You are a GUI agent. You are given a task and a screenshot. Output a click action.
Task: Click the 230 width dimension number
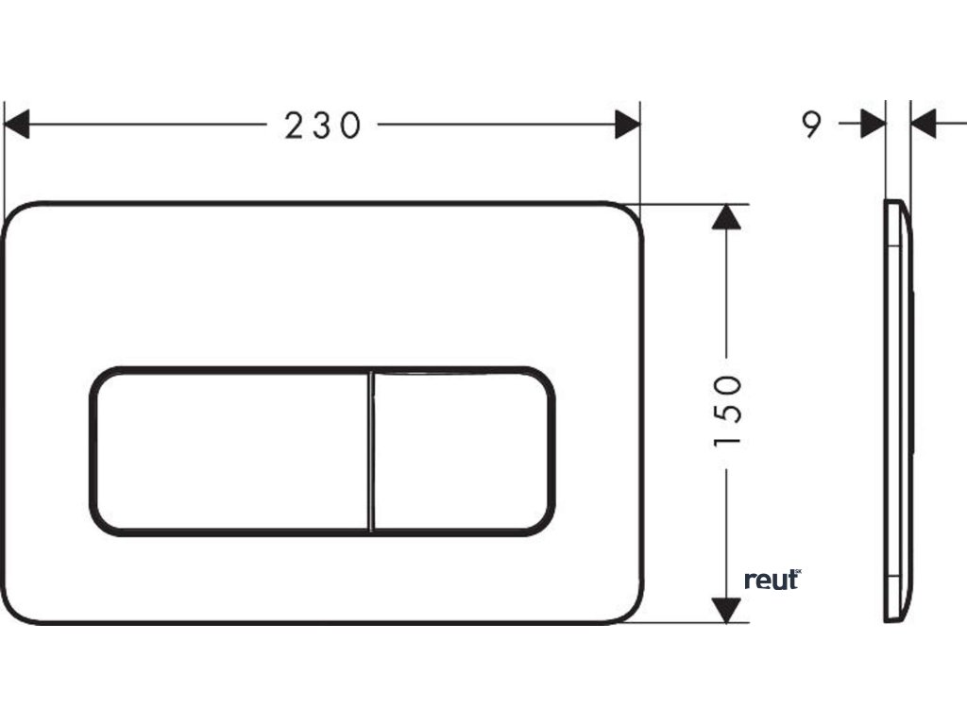click(x=323, y=126)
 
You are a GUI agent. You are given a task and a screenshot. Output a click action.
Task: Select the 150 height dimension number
click(x=726, y=412)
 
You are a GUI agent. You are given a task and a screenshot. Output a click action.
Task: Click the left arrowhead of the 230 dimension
click(x=17, y=124)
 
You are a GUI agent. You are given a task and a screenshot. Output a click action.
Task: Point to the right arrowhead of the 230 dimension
click(x=628, y=124)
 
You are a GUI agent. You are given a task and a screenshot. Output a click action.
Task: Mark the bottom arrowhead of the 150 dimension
click(x=725, y=610)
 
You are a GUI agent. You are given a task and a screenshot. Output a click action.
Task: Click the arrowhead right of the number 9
click(x=874, y=124)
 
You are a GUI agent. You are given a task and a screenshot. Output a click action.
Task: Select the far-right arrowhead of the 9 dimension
click(x=924, y=124)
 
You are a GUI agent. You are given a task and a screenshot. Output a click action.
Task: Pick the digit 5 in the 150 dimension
click(x=726, y=412)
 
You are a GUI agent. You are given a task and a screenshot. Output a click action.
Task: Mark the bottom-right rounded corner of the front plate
click(x=627, y=608)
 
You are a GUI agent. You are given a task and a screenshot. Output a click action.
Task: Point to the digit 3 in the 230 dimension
click(x=323, y=126)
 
